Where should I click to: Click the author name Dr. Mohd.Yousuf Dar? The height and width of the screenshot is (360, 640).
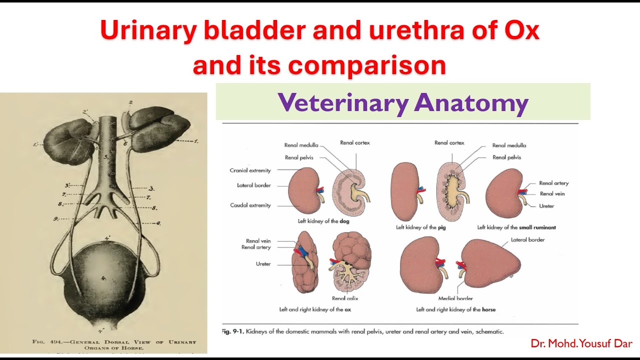581,344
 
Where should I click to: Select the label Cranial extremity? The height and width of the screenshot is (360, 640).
250,170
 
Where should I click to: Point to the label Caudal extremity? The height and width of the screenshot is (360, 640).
250,205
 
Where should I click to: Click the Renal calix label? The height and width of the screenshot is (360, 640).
345,298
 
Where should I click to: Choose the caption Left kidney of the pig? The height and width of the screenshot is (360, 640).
421,227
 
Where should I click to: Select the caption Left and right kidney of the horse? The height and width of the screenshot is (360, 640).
455,309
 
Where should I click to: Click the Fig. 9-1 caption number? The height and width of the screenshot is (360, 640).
233,331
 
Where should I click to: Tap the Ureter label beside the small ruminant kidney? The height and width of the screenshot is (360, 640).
546,206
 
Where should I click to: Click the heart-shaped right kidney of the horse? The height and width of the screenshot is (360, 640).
490,262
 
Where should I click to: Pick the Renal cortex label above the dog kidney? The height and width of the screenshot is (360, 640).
354,143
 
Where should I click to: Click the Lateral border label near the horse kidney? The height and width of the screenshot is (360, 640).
527,240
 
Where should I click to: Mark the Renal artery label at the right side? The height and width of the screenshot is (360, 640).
553,183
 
